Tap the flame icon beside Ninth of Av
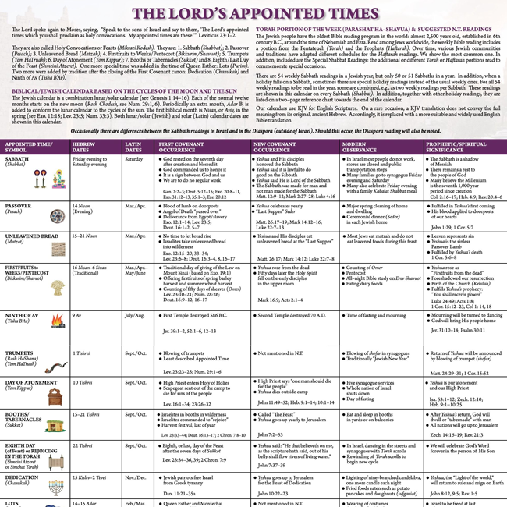tap(57, 321)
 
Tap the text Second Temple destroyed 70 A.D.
tap(300, 315)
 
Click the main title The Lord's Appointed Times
tap(253, 13)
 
